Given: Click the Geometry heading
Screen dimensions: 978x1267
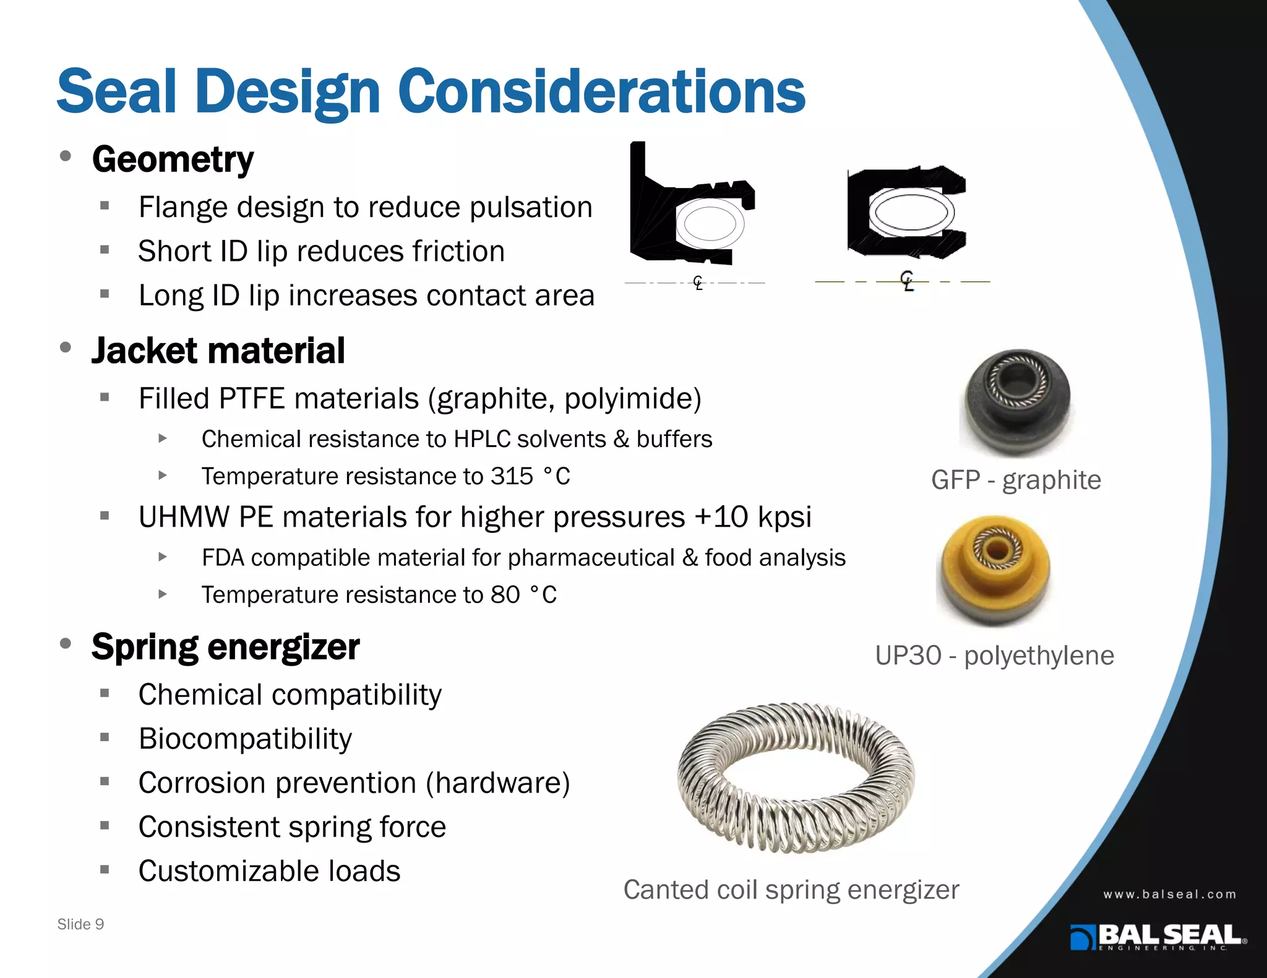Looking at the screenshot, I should click(x=173, y=159).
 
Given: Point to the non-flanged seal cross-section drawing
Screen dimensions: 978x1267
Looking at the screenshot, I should click(x=906, y=212).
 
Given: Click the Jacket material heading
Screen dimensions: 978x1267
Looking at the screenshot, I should click(x=218, y=351).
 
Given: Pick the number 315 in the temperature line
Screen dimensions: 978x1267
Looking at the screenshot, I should click(x=512, y=476).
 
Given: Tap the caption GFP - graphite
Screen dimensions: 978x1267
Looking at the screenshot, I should click(x=1016, y=480).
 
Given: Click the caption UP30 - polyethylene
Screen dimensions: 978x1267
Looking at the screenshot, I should click(x=994, y=655).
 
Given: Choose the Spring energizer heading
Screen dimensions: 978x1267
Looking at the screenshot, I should click(x=225, y=647).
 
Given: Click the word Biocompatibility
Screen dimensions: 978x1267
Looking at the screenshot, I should click(x=245, y=739).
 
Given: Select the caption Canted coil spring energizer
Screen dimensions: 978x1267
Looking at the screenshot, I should click(x=791, y=890).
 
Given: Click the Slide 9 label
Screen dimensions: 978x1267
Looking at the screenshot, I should click(x=80, y=924).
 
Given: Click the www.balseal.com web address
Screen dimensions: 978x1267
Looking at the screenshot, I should click(x=1169, y=894).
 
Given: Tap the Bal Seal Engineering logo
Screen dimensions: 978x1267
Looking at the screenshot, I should click(x=1157, y=937).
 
